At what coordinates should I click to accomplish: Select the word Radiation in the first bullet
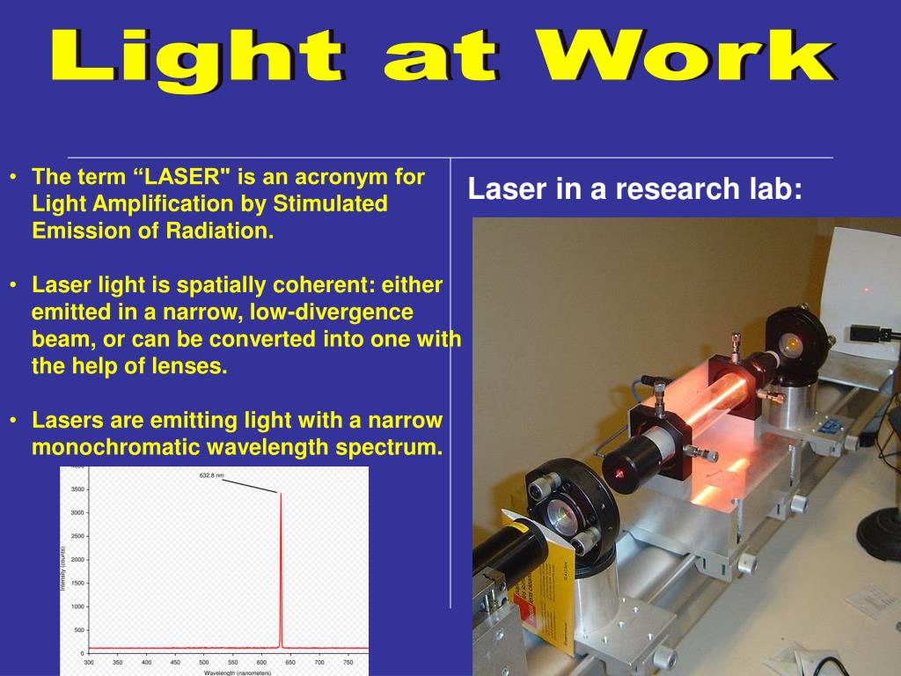[220, 231]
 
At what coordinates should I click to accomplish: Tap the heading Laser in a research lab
[634, 188]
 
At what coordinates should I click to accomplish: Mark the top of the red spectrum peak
[281, 494]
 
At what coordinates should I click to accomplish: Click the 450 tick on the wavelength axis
[175, 662]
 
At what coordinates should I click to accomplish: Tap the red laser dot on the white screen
[866, 290]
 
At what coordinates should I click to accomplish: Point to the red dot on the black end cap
[619, 474]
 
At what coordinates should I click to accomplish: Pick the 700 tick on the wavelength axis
[319, 662]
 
